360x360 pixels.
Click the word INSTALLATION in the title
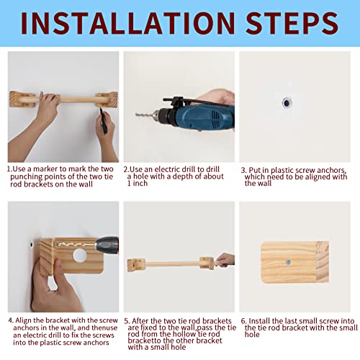point(127,23)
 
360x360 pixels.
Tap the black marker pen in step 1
point(104,121)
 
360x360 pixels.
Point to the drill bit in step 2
point(145,115)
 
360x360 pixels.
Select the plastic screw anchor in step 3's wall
point(287,103)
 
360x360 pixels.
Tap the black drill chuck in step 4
point(107,245)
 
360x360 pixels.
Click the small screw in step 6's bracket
point(288,262)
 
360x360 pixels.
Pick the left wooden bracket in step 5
point(136,265)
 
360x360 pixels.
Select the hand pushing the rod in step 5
point(225,260)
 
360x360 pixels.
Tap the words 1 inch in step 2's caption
point(138,184)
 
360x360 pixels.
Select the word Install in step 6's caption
point(258,321)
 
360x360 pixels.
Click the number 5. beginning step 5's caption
point(127,321)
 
